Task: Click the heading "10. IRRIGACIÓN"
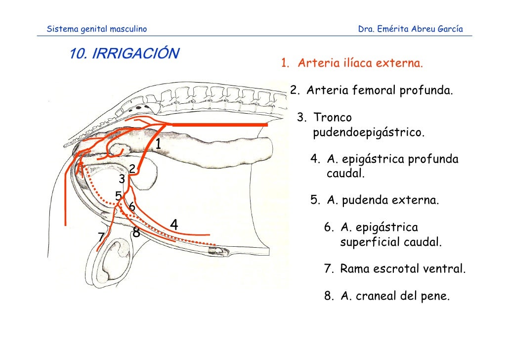[125, 53]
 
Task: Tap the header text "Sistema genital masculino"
[97, 29]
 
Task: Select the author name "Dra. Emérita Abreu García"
[410, 29]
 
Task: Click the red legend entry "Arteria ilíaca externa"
[360, 63]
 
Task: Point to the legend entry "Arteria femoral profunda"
[380, 90]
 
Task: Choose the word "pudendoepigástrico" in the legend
[369, 133]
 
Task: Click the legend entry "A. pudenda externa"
[382, 200]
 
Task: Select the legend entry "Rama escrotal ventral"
[403, 269]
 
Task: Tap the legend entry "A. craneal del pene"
[395, 296]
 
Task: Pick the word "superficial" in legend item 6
[368, 242]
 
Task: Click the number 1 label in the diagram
[158, 144]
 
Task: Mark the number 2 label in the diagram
[132, 169]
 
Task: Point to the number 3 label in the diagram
[122, 179]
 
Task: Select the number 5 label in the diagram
[119, 196]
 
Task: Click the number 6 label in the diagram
[132, 206]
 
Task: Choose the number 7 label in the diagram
[101, 237]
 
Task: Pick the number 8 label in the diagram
[136, 232]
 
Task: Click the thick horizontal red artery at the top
[219, 125]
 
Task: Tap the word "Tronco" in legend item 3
[333, 117]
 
